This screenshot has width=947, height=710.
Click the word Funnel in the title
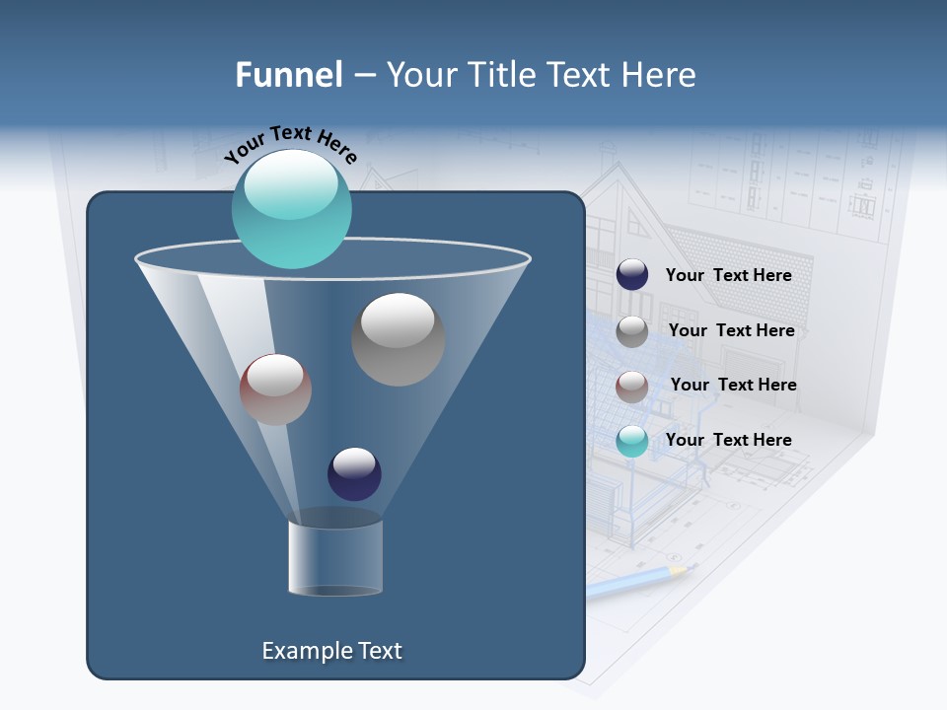point(288,75)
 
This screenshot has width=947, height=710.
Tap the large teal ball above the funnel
point(291,208)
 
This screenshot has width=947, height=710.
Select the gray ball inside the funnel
point(398,339)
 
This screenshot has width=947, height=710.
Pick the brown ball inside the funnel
point(275,390)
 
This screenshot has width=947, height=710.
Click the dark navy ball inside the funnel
point(354,473)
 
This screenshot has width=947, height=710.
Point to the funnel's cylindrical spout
point(335,557)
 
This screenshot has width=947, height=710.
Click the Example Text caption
point(331,651)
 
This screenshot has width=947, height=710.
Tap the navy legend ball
point(632,275)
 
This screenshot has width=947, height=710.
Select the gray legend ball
point(632,331)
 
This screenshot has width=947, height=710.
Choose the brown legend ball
point(632,387)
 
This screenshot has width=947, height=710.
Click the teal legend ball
point(632,441)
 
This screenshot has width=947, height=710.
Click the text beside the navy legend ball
point(728,275)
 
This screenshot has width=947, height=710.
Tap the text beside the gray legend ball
point(731,330)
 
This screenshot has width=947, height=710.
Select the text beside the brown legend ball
point(733,385)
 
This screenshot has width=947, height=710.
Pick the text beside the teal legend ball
point(728,440)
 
